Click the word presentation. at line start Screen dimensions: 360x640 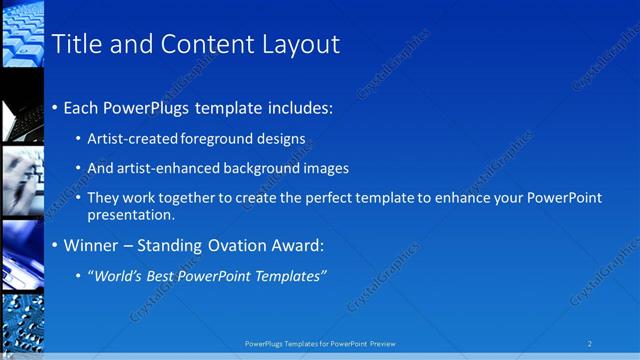point(131,214)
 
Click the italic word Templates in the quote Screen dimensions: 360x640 point(289,276)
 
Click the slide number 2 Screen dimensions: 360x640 point(590,343)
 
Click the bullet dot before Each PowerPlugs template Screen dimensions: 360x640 point(54,108)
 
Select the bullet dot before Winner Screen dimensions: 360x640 point(54,246)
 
